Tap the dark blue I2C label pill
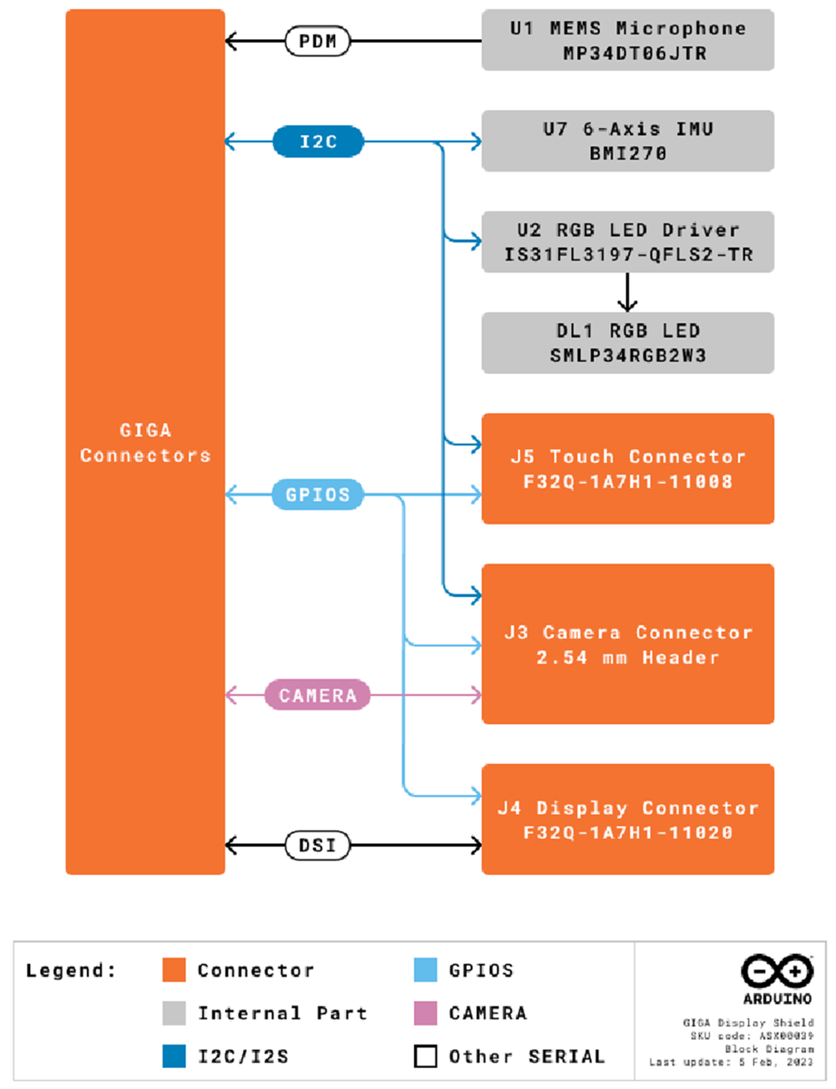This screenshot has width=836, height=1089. pyautogui.click(x=319, y=142)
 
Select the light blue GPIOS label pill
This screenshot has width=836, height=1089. pyautogui.click(x=318, y=495)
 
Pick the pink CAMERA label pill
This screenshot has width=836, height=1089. pyautogui.click(x=318, y=696)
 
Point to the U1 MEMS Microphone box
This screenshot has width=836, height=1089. pyautogui.click(x=627, y=40)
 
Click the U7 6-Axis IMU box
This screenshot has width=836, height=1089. pyautogui.click(x=627, y=141)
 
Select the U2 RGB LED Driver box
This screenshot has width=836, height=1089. pyautogui.click(x=627, y=241)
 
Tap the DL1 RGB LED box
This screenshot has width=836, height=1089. pyautogui.click(x=627, y=342)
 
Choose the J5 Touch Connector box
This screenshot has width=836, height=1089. pyautogui.click(x=627, y=468)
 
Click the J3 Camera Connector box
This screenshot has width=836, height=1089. pyautogui.click(x=627, y=643)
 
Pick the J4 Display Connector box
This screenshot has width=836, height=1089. pyautogui.click(x=627, y=819)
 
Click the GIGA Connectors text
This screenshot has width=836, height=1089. pyautogui.click(x=145, y=444)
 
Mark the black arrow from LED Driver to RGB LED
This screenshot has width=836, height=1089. pyautogui.click(x=627, y=292)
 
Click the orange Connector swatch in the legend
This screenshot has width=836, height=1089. pyautogui.click(x=172, y=970)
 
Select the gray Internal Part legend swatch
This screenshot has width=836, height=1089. pyautogui.click(x=172, y=1013)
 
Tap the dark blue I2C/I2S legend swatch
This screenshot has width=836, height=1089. pyautogui.click(x=172, y=1056)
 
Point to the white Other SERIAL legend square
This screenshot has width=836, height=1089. pyautogui.click(x=425, y=1056)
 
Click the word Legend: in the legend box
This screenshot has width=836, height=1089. pyautogui.click(x=72, y=970)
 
